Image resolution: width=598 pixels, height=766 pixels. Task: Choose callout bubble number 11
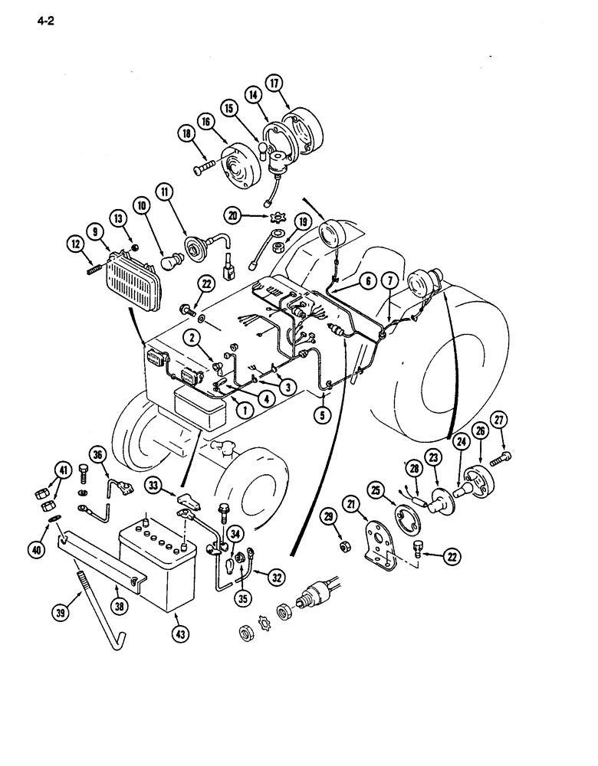[x=167, y=191]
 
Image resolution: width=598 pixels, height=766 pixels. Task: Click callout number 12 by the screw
[x=76, y=244]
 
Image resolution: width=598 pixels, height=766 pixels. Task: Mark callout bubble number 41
[x=63, y=470]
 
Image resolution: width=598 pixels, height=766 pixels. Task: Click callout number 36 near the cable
[x=97, y=453]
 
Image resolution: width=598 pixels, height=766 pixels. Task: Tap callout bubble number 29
[x=332, y=519]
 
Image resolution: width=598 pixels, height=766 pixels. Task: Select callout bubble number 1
[x=245, y=409]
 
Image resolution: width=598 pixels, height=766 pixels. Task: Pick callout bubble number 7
[x=389, y=283]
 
